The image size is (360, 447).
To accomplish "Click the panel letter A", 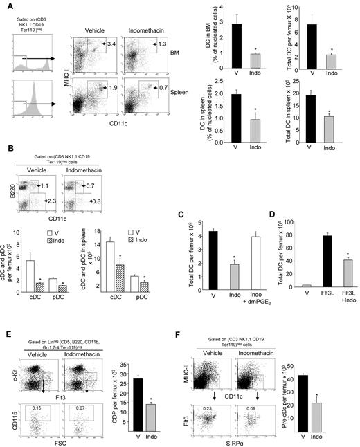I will point(5,5).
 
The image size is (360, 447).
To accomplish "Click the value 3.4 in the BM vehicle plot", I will point(110,45).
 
